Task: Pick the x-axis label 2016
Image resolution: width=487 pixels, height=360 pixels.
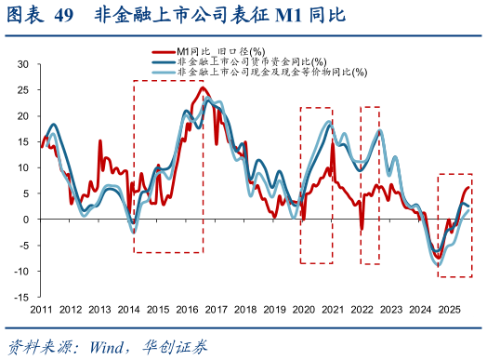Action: point(186,309)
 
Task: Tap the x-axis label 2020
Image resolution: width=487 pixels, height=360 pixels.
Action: point(304,309)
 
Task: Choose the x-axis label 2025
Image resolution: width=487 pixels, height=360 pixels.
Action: point(450,309)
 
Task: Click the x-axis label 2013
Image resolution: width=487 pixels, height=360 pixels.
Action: point(100,309)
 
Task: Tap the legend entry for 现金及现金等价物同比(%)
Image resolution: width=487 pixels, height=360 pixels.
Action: point(270,71)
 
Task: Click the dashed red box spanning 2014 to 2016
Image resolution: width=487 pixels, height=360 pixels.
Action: point(168,81)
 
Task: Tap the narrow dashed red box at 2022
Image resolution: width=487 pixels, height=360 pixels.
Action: point(370,108)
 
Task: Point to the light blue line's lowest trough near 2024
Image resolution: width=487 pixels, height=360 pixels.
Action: point(438,265)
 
